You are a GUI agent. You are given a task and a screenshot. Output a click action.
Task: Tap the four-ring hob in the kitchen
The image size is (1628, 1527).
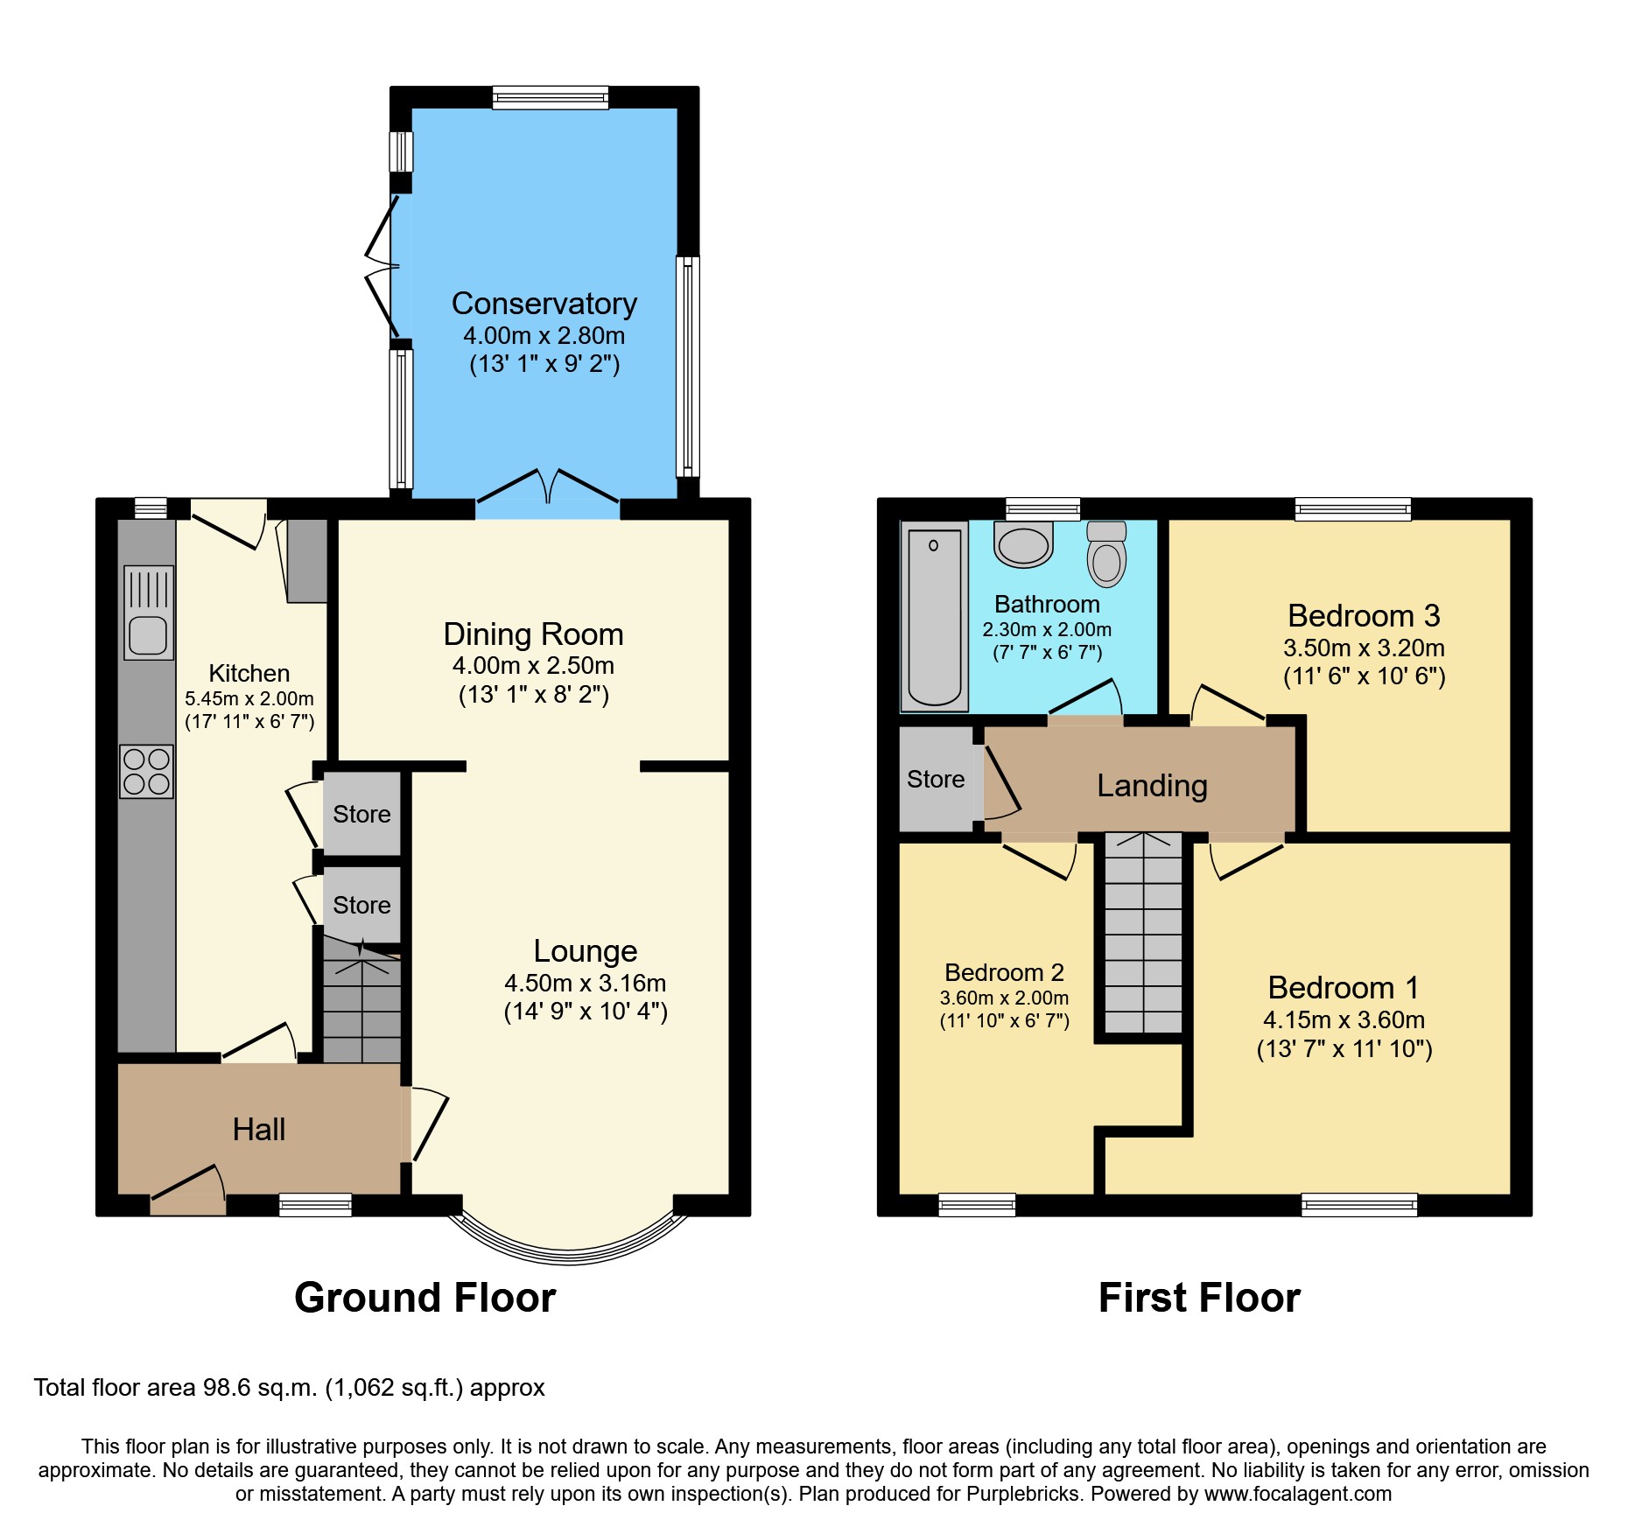click(x=146, y=771)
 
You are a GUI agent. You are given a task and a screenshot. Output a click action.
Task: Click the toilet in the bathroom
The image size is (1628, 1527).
click(x=1106, y=555)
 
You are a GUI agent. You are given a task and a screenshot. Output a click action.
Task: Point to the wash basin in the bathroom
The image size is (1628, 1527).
click(x=1023, y=545)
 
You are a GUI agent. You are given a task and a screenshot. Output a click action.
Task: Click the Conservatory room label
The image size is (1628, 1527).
click(x=544, y=304)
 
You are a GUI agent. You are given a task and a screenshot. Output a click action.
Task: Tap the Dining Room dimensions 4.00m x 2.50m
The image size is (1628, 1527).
click(x=533, y=666)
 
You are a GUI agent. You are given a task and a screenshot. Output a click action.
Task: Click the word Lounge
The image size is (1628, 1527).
click(x=585, y=951)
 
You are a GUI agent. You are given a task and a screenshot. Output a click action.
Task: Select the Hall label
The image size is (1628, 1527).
click(x=259, y=1130)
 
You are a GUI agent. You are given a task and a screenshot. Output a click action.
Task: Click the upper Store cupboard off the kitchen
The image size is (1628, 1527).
click(x=361, y=814)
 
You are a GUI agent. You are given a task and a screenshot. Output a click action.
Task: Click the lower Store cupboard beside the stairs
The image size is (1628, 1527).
click(x=361, y=905)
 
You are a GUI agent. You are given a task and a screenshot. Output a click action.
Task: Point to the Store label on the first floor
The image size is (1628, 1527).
click(x=936, y=779)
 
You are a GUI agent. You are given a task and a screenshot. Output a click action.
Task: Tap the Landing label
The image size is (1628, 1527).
click(x=1152, y=786)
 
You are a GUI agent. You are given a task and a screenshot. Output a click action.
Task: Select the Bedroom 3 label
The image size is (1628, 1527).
click(x=1364, y=616)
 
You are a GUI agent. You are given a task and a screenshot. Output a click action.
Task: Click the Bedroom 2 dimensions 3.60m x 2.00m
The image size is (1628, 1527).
click(x=1004, y=998)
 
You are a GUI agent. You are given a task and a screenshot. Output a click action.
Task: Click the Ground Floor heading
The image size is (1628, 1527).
click(x=425, y=1298)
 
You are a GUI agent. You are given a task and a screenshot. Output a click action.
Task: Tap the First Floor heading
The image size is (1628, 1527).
click(x=1198, y=1298)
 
